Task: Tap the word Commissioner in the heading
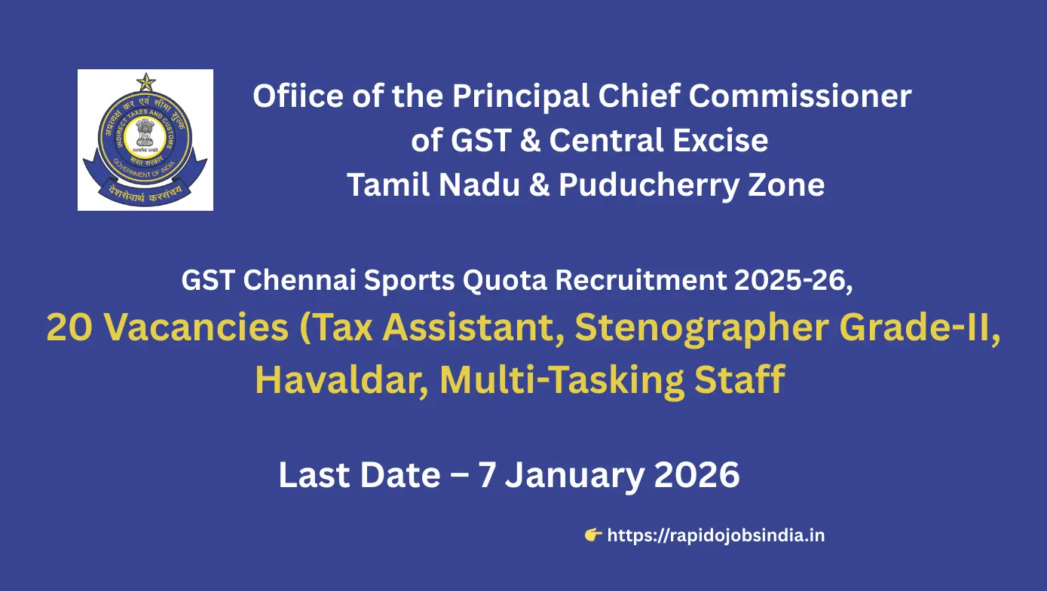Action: click(x=800, y=96)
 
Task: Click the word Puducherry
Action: click(x=649, y=185)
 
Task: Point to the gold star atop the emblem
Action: click(x=145, y=82)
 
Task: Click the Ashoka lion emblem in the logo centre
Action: click(x=145, y=134)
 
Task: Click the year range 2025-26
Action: click(x=793, y=280)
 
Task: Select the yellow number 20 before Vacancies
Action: click(x=69, y=327)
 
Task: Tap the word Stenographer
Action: click(x=702, y=329)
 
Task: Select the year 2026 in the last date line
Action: click(x=697, y=475)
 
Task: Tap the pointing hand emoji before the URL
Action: click(x=592, y=535)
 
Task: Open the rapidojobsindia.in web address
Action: click(x=715, y=535)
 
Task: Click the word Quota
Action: click(x=505, y=281)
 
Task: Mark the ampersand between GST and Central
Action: click(x=530, y=141)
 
